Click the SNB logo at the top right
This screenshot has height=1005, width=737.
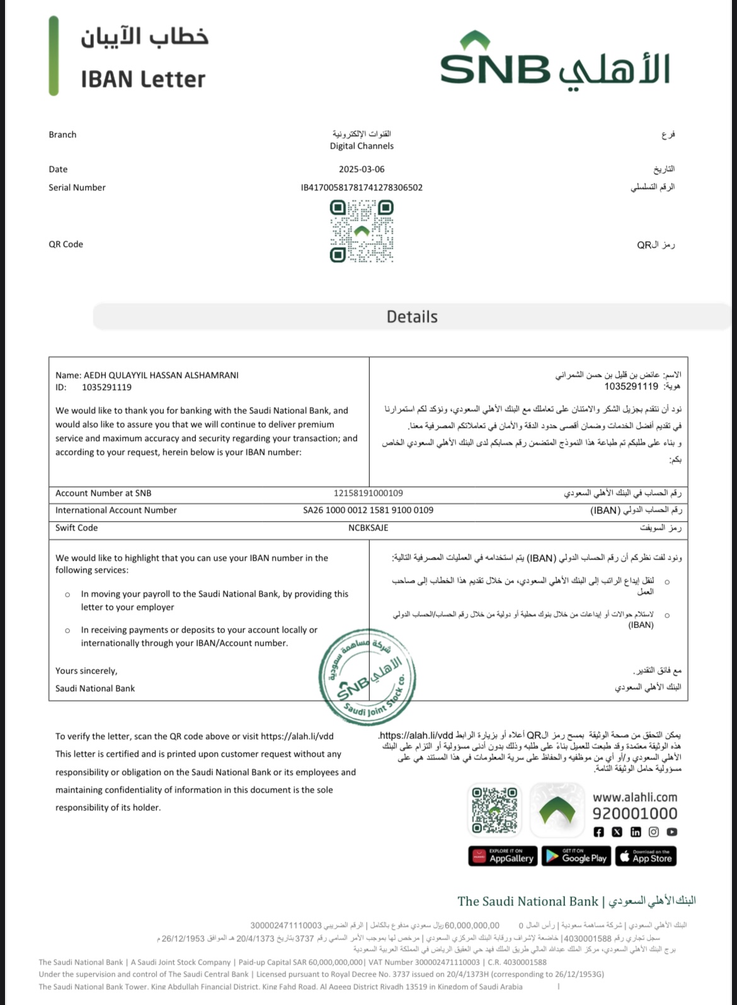(554, 63)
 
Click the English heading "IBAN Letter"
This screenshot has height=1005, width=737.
(143, 79)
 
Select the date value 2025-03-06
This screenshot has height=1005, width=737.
(362, 169)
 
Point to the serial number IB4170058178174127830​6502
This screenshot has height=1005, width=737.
(362, 187)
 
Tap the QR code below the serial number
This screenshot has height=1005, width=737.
(362, 231)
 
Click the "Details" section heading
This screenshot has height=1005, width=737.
(412, 316)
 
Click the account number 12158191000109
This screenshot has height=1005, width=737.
(368, 493)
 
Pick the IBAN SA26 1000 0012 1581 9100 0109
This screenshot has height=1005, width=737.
(368, 510)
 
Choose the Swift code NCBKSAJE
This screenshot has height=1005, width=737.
(368, 528)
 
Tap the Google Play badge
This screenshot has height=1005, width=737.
(576, 856)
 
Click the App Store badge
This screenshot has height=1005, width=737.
(645, 856)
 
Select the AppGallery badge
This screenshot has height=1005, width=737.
(503, 856)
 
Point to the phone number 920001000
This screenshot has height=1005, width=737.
(634, 813)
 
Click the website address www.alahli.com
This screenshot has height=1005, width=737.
(634, 797)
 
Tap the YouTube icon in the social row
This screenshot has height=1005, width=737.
(672, 832)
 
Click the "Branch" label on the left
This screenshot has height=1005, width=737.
(62, 135)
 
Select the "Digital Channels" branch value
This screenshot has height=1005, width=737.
(362, 146)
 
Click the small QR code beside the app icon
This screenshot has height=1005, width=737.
(494, 810)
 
